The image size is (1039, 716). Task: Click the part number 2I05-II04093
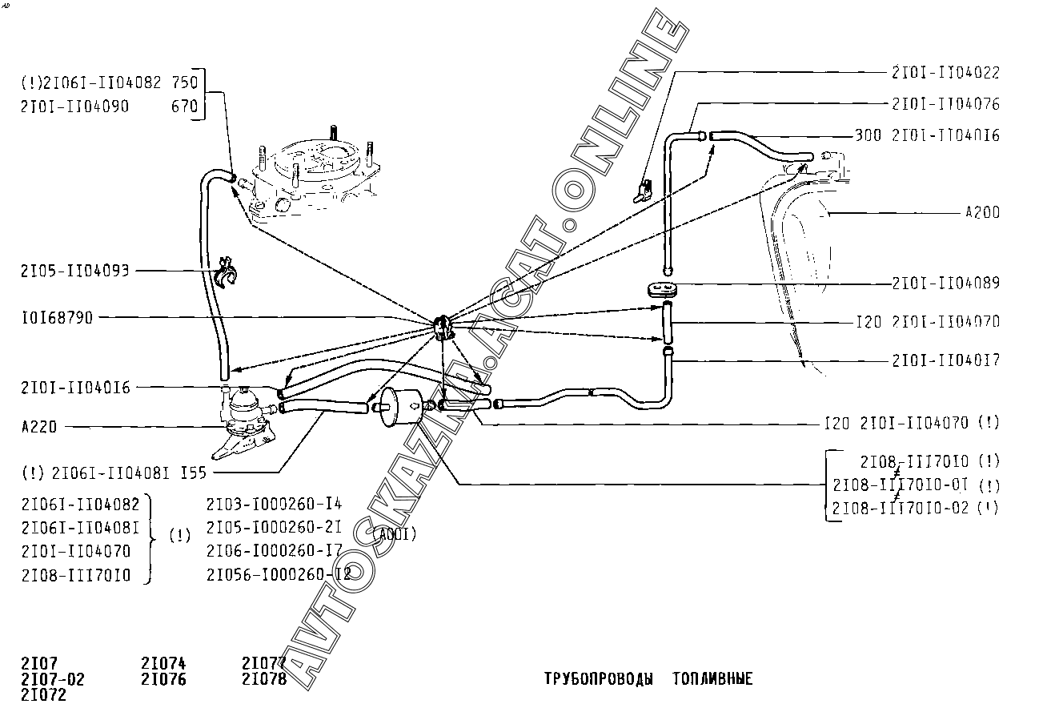[75, 271]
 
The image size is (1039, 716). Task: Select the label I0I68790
[57, 318]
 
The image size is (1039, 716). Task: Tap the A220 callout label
[39, 427]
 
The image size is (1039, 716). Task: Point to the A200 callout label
[982, 213]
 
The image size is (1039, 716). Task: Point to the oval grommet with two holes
[660, 288]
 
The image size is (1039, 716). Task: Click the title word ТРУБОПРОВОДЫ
[597, 679]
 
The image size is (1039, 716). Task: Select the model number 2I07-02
[52, 679]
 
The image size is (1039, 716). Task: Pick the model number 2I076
[163, 679]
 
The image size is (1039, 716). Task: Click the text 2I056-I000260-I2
[279, 574]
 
